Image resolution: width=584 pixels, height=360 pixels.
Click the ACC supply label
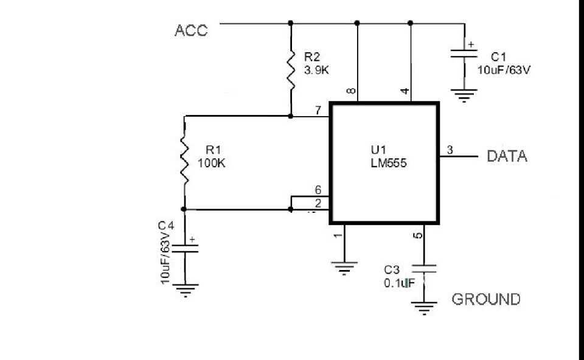(191, 30)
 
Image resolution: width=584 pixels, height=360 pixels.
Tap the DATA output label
(507, 156)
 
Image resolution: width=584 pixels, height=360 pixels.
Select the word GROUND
(486, 299)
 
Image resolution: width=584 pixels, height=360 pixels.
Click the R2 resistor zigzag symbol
(291, 70)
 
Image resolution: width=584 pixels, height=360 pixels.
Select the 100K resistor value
(212, 163)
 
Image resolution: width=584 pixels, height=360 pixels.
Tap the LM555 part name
(389, 163)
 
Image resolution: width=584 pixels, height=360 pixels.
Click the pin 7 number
(318, 110)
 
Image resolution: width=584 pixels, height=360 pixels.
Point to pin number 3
(450, 150)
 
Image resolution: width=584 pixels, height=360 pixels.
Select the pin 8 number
(351, 91)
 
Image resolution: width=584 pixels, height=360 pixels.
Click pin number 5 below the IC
(419, 235)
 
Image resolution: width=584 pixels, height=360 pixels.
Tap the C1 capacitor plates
(464, 54)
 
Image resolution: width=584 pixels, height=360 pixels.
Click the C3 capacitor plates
(424, 269)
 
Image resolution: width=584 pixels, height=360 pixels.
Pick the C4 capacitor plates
(185, 249)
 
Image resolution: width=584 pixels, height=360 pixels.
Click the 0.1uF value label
(399, 283)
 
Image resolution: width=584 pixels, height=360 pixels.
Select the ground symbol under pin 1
(344, 268)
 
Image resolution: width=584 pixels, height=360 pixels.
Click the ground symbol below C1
(464, 95)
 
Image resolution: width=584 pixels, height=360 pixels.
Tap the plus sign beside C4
(192, 240)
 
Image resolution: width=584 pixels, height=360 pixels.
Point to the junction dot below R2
(291, 116)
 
